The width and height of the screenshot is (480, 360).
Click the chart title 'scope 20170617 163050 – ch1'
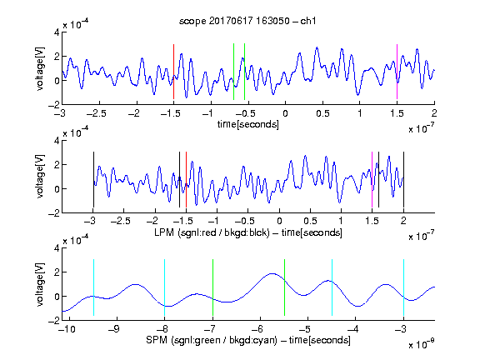(x=247, y=21)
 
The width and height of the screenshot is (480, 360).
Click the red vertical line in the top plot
(x=173, y=72)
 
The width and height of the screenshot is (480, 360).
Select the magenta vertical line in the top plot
(x=397, y=72)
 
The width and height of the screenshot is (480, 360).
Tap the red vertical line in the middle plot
(x=186, y=179)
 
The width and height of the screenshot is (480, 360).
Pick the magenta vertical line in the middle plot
(x=372, y=179)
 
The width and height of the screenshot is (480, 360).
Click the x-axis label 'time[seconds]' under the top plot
(x=248, y=124)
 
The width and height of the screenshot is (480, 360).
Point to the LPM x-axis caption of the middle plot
(x=248, y=232)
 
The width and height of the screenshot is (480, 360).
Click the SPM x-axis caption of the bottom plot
(x=248, y=340)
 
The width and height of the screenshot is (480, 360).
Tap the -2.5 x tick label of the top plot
(x=96, y=113)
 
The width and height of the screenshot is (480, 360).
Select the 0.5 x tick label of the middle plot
(x=310, y=221)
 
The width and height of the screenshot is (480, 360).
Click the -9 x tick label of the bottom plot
(x=114, y=329)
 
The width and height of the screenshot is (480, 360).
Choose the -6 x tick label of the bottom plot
(x=257, y=329)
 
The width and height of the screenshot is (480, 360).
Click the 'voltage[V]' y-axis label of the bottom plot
(x=40, y=284)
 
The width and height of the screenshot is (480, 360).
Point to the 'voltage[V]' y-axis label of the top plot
(x=40, y=68)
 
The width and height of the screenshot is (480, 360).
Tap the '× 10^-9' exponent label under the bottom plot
(x=421, y=344)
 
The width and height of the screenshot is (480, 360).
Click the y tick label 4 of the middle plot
(x=57, y=141)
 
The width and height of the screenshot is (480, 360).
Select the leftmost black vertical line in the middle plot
(x=93, y=179)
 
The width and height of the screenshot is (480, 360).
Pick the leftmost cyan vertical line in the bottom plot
(x=93, y=287)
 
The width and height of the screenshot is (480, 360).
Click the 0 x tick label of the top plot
(x=285, y=113)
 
